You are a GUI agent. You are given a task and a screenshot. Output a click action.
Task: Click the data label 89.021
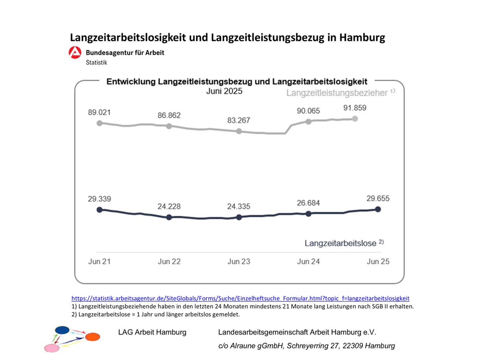[x=99, y=112]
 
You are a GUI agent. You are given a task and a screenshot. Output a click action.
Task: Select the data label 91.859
[x=355, y=108]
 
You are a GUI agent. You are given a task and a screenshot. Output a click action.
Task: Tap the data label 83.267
[x=238, y=120]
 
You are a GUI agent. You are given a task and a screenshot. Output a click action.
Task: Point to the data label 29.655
[x=378, y=198]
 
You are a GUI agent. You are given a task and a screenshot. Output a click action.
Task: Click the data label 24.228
[x=169, y=206]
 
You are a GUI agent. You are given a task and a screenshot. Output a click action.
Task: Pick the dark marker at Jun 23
[x=239, y=217]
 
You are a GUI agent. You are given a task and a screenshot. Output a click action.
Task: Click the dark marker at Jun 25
[x=378, y=209]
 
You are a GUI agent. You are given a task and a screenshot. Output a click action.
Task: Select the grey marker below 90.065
[x=308, y=122]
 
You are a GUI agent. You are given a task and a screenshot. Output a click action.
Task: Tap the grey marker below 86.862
[x=169, y=126]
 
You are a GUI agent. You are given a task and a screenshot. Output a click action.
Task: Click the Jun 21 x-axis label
[x=99, y=261]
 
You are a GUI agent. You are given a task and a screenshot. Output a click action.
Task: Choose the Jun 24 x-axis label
[x=308, y=261]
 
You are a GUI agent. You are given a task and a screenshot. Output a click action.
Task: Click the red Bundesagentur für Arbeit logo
[x=75, y=53]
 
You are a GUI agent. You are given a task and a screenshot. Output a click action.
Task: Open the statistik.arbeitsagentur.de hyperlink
[x=240, y=298]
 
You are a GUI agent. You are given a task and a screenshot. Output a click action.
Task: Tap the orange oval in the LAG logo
[x=92, y=337]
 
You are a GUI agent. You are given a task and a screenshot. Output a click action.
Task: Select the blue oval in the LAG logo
[x=62, y=330]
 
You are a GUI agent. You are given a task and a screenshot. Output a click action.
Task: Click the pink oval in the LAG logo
[x=52, y=348]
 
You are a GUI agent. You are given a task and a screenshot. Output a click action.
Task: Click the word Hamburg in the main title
[x=362, y=38]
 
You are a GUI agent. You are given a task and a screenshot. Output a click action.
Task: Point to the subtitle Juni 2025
[x=224, y=91]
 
